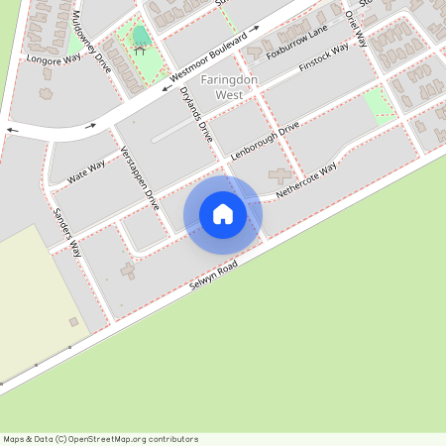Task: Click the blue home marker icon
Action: pyautogui.click(x=222, y=213)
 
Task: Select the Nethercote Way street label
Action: pyautogui.click(x=306, y=177)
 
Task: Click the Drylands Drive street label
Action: pyautogui.click(x=197, y=115)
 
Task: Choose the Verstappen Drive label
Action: pyautogui.click(x=139, y=178)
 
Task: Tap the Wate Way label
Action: pyautogui.click(x=86, y=174)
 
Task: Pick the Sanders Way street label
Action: pyautogui.click(x=67, y=234)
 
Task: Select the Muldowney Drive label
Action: pyautogui.click(x=92, y=39)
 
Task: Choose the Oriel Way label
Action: pyautogui.click(x=356, y=29)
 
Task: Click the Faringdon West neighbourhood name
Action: pyautogui.click(x=222, y=87)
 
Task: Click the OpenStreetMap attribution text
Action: pyautogui.click(x=100, y=438)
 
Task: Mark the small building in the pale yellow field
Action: pyautogui.click(x=73, y=321)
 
